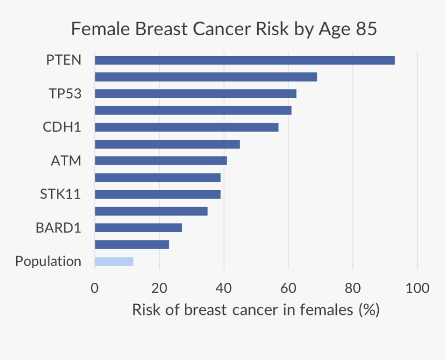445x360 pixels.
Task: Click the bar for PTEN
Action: coord(244,60)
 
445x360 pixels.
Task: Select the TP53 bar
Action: coord(195,94)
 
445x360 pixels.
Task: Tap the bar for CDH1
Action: coord(186,127)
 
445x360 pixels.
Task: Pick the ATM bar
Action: coord(160,161)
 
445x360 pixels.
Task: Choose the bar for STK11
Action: coord(157,194)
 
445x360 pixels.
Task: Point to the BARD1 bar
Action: coord(138,228)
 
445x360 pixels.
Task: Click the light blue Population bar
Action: coord(114,261)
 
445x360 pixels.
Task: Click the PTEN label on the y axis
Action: coord(64,60)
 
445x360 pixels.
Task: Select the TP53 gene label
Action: coord(65,94)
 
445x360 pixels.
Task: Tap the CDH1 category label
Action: coord(62,127)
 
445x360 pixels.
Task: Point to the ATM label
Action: coord(66,161)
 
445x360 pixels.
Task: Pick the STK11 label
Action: coord(61,194)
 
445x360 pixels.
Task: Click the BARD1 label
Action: coord(58,228)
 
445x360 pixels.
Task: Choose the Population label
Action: coord(48,261)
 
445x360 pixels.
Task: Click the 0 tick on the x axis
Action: coord(95,288)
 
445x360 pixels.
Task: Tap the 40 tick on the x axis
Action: coord(224,288)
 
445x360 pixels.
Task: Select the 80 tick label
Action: coord(352,288)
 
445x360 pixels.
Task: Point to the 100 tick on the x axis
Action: coord(417,288)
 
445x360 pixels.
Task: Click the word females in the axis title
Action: coord(329,310)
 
